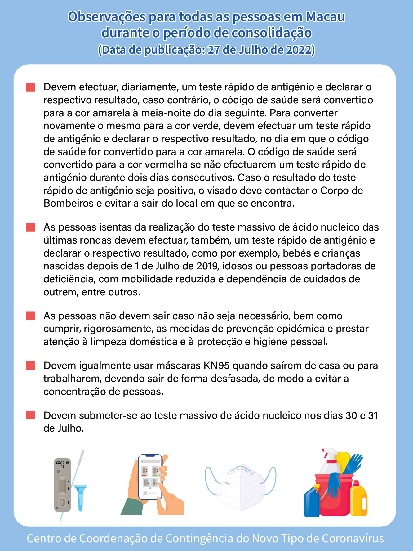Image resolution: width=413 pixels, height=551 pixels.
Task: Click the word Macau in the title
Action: [325, 17]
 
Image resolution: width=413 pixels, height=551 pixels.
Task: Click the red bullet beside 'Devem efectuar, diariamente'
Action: [31, 87]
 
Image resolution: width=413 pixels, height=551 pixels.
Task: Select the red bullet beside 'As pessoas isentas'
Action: [31, 227]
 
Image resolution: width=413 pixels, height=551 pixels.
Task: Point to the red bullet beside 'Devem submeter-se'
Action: [31, 415]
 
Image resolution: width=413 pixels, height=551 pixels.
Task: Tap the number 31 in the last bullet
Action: [373, 415]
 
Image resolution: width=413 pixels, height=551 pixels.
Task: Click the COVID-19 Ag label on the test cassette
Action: [62, 464]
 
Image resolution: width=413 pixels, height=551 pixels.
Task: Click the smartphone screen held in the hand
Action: [150, 477]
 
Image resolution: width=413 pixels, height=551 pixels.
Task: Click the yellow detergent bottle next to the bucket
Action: [359, 499]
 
